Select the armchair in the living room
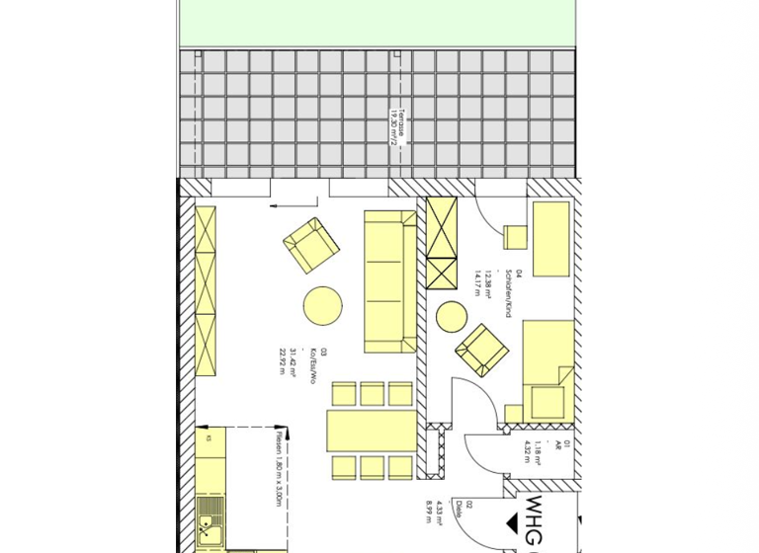point(311,245)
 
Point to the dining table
point(372,431)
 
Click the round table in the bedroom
point(451,316)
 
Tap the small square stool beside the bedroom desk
point(515,238)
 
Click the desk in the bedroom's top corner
point(550,239)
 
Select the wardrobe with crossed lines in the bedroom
point(442,242)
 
